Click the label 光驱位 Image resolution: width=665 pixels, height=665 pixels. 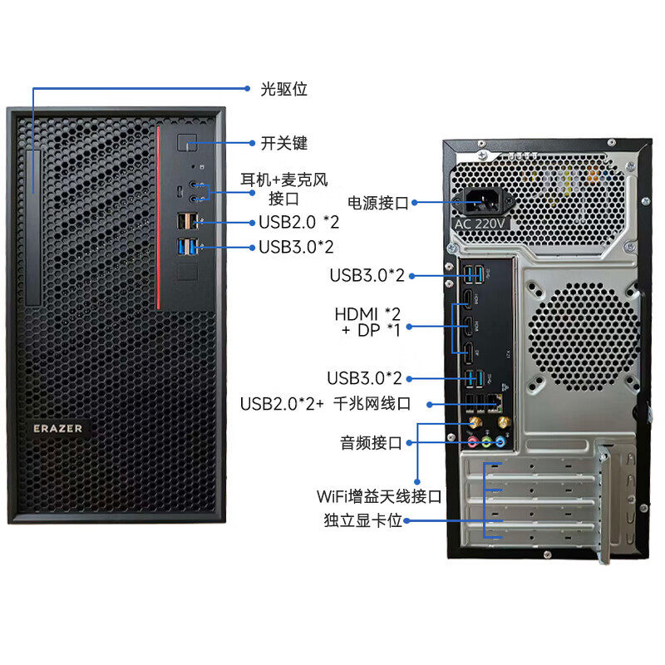click(x=284, y=88)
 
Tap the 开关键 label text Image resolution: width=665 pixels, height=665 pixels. click(x=284, y=143)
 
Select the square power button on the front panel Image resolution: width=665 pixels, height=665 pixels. click(x=189, y=143)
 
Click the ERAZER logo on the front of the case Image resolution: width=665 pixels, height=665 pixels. click(x=57, y=428)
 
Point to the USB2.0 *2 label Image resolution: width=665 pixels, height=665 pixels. click(x=298, y=222)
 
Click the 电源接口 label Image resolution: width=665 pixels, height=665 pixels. click(x=378, y=202)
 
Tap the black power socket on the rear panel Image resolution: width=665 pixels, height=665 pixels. click(x=485, y=202)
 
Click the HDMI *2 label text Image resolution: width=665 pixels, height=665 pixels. click(x=367, y=314)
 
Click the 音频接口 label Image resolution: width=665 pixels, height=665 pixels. click(x=371, y=443)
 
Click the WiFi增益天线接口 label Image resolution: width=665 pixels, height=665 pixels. click(x=378, y=497)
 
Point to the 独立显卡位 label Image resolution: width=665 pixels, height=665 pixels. click(x=362, y=521)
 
